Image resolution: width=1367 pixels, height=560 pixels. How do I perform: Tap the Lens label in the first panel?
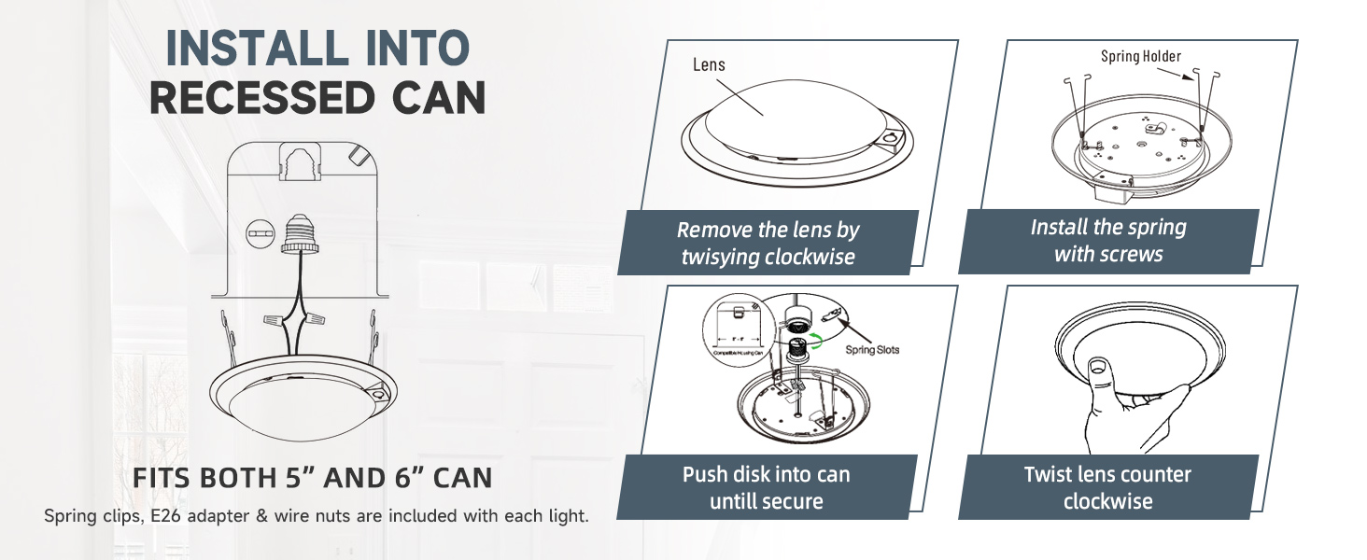point(709,64)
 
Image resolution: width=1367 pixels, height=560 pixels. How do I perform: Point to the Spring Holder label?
point(1140,57)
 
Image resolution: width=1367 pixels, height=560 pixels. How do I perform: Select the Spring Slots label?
point(872,350)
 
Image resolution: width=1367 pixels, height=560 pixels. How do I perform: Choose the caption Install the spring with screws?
point(1108,241)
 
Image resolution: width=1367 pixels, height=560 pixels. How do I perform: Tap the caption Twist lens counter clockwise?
point(1107,487)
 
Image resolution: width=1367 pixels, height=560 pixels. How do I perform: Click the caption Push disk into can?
point(766,474)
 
